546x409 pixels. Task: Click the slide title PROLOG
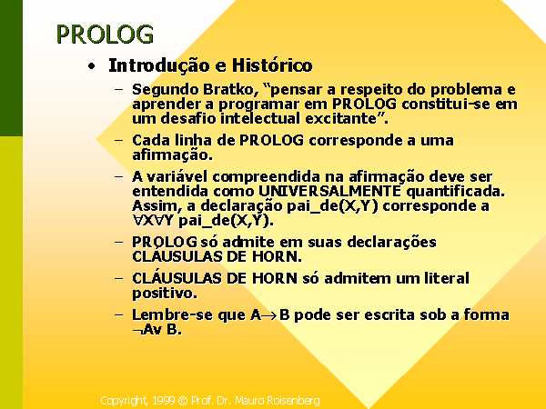click(105, 35)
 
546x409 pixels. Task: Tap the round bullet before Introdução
click(91, 65)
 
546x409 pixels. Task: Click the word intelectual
click(260, 118)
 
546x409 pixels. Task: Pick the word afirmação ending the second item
click(172, 155)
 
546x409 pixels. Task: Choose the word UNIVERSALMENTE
click(329, 191)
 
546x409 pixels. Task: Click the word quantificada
click(455, 192)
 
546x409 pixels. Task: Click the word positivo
click(165, 294)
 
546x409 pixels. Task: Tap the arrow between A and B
click(270, 315)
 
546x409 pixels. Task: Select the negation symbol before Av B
click(137, 331)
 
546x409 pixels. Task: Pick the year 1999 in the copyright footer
click(163, 400)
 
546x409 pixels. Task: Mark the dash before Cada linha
click(118, 141)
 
